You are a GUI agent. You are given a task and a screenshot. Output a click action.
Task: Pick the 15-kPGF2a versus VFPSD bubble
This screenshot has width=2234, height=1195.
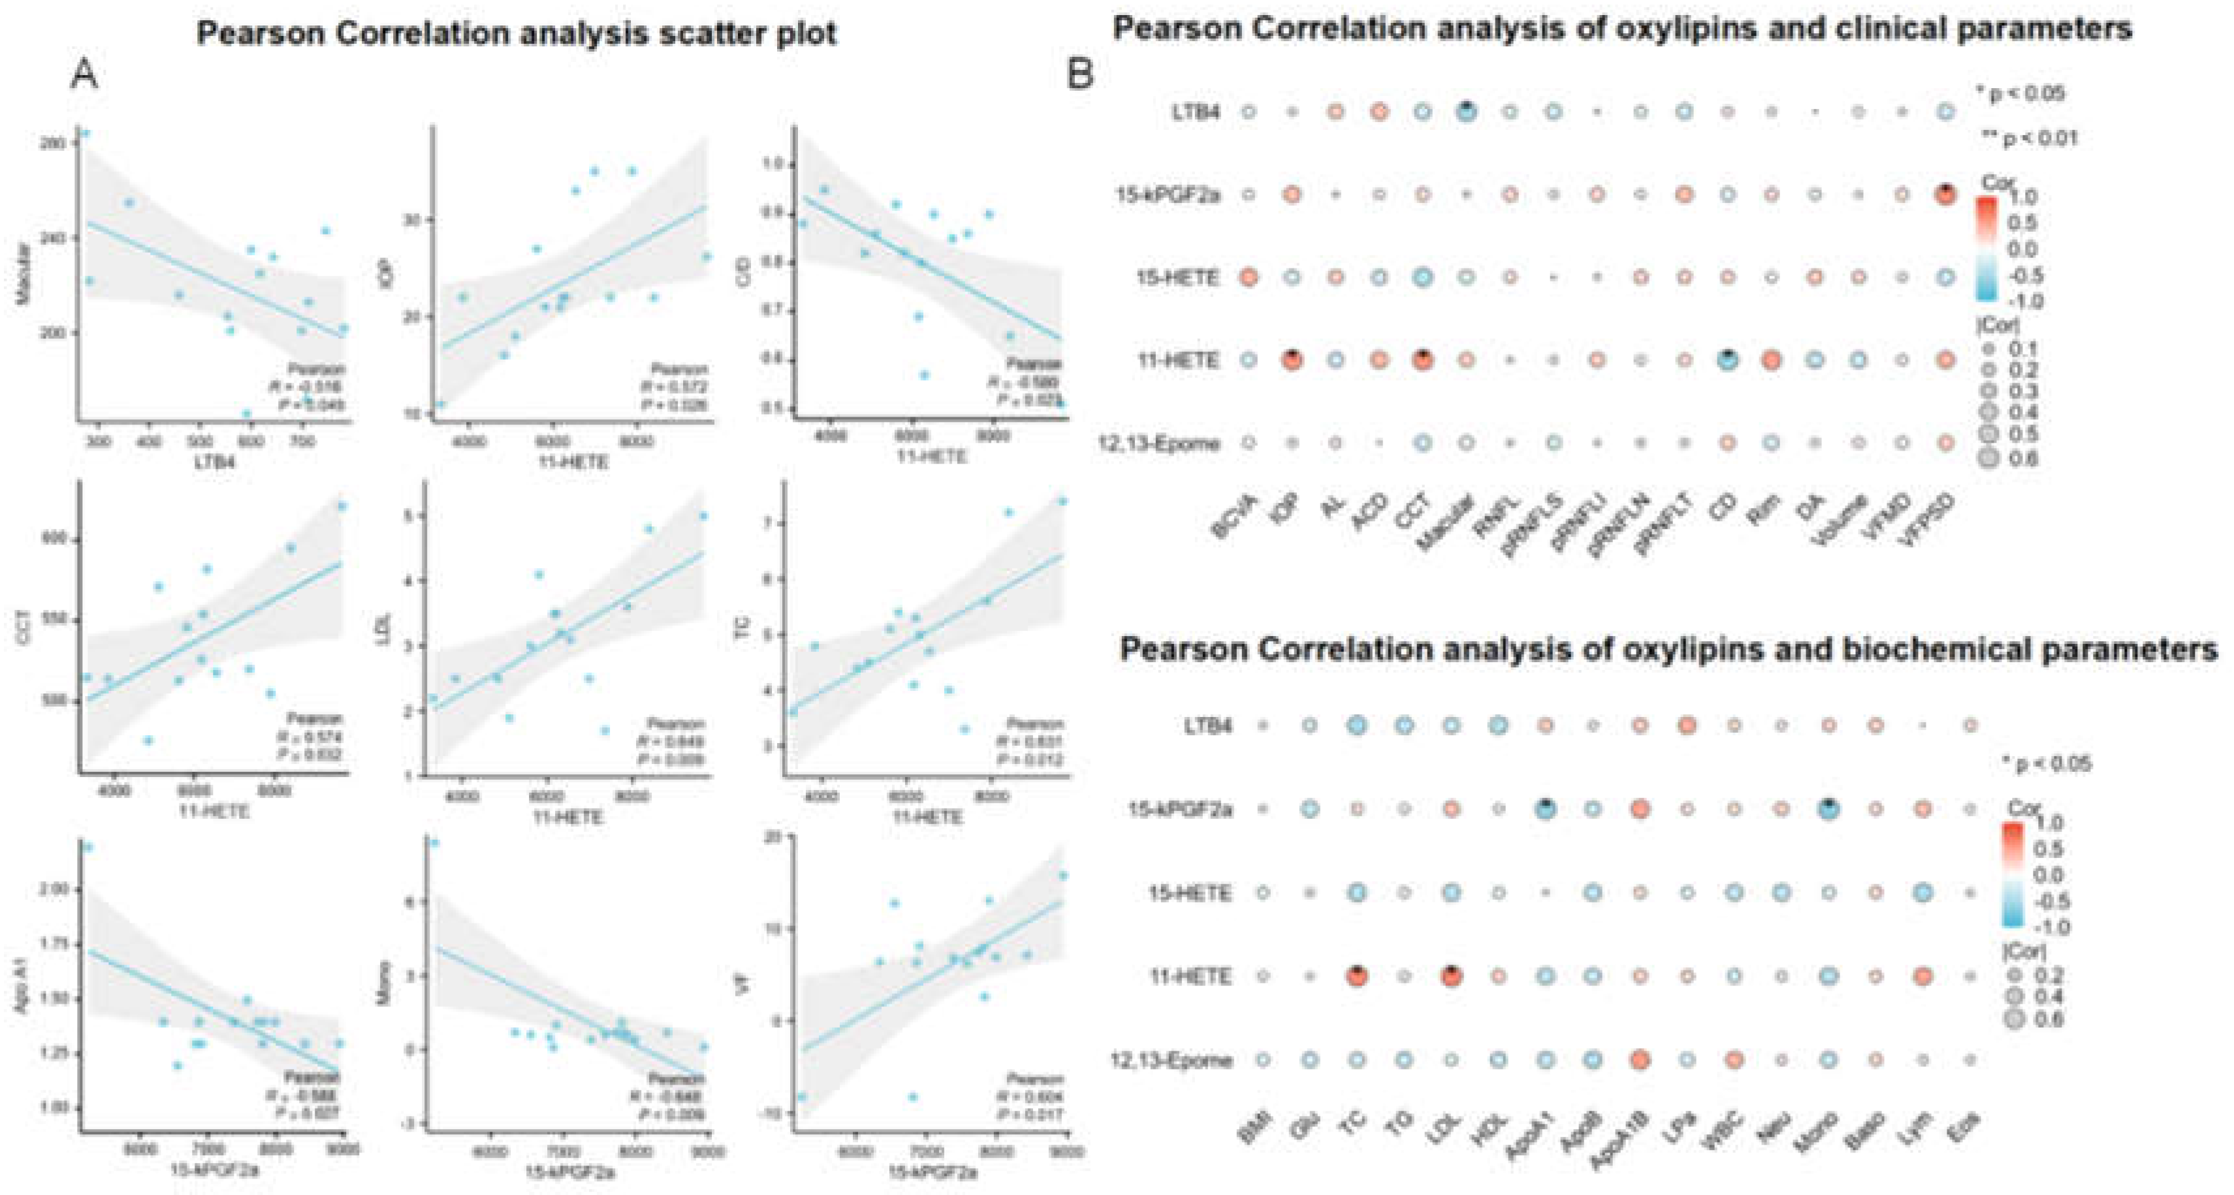(1945, 195)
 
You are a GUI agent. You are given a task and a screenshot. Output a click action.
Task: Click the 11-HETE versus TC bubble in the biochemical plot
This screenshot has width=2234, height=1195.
(1357, 976)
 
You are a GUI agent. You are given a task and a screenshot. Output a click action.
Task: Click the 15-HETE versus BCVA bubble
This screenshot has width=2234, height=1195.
(1248, 278)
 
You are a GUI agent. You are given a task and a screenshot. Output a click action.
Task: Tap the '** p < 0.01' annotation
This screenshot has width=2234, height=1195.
(2030, 137)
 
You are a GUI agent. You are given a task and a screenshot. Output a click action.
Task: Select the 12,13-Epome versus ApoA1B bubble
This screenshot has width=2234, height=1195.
(1639, 1060)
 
